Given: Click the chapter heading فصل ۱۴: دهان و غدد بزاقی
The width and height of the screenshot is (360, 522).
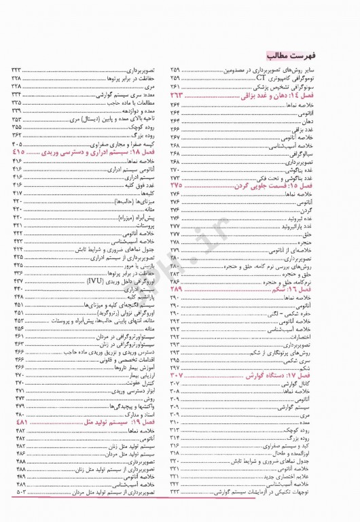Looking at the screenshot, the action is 300,98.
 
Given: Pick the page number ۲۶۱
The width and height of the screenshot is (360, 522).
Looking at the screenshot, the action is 176,88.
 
